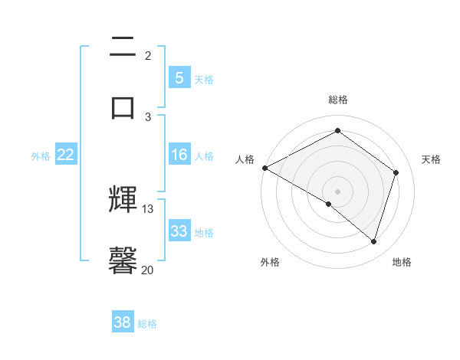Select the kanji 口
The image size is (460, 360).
point(123,106)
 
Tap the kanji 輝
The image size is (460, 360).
point(123,201)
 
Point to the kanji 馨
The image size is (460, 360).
point(123,260)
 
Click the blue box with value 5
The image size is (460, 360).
point(179,78)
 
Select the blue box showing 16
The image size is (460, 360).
point(179,155)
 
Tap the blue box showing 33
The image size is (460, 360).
point(179,231)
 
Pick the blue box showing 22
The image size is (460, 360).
point(66,155)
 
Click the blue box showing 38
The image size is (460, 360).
point(123,322)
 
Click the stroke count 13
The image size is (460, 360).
point(148,209)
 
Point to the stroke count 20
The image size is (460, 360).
point(148,269)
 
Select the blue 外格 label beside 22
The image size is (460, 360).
point(41,156)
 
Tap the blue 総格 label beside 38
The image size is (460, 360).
point(147,324)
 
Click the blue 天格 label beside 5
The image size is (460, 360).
point(204,79)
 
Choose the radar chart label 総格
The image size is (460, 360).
point(338,100)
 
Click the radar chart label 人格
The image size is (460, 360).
point(245,159)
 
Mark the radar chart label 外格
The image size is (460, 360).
point(270,262)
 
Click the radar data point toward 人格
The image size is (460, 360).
point(264,167)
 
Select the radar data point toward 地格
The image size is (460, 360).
point(373,241)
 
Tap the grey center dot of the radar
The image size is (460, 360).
point(337,191)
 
